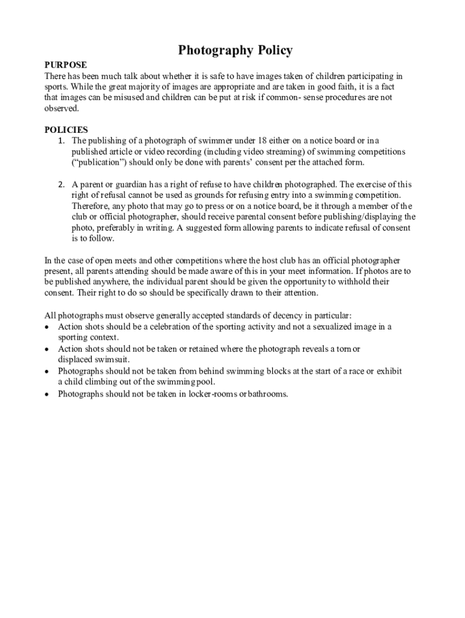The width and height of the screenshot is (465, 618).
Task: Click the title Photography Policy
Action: coord(235,50)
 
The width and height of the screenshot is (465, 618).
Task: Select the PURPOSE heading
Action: coord(66,65)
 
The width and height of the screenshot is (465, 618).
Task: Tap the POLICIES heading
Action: coord(66,130)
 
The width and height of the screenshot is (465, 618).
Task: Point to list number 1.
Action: coord(61,141)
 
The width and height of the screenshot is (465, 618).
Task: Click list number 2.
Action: coord(61,184)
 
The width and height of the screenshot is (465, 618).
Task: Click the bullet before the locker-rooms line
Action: coord(48,395)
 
